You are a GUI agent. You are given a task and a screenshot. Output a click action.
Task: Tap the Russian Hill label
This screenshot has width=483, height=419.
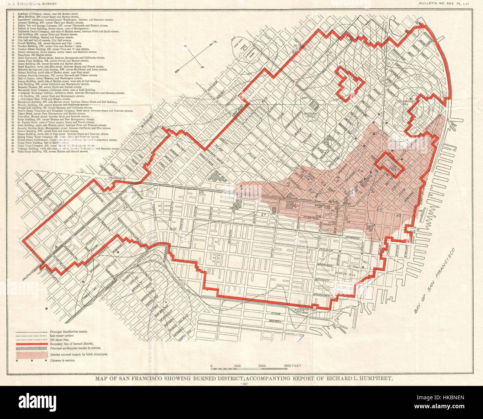pos(309,115)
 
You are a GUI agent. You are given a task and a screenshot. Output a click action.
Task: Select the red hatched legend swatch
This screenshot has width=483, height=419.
pos(31,355)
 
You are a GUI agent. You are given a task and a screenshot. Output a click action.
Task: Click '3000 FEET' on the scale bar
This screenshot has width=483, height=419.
pos(291,366)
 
